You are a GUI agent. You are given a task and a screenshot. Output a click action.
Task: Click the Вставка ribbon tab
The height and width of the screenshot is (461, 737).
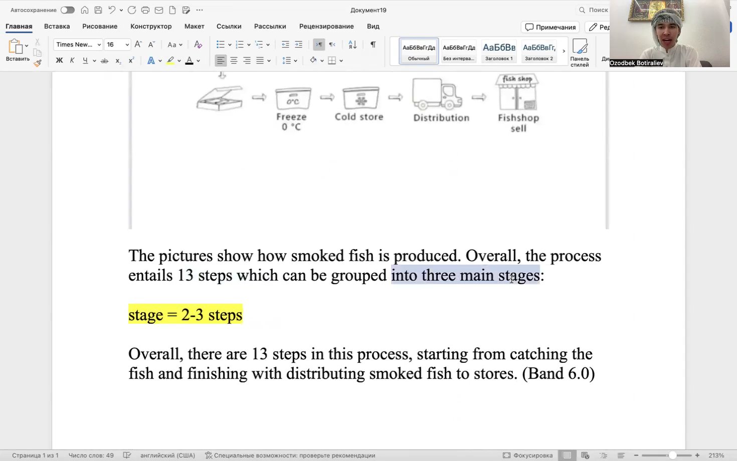pos(57,26)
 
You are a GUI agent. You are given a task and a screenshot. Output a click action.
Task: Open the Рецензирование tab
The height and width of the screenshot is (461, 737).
pos(326,26)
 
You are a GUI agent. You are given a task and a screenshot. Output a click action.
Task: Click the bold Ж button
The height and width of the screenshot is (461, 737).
pos(59,61)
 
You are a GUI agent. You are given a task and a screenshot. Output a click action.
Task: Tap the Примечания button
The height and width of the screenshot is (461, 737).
pos(550,27)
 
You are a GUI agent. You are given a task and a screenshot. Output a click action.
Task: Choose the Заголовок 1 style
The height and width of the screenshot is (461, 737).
pos(499,51)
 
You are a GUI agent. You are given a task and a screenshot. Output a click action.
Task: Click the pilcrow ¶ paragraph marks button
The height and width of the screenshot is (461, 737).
pos(373,45)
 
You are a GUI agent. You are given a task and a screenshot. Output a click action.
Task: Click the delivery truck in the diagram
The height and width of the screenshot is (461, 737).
pos(437,94)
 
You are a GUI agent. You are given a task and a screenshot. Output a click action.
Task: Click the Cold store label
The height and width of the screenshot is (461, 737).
pos(359,117)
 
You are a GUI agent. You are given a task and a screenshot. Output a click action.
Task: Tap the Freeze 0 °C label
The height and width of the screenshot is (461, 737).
pos(291,122)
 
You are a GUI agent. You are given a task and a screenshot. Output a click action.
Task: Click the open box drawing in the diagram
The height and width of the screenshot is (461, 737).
pos(220,98)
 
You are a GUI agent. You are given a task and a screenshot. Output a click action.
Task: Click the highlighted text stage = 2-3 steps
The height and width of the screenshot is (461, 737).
pos(185,315)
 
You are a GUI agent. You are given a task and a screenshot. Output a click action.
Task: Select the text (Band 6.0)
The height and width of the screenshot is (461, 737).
pos(558,373)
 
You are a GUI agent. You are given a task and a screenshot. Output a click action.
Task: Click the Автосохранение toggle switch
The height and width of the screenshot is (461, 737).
pos(67,10)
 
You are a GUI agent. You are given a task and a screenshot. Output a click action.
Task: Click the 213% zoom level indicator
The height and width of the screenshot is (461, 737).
pos(716,455)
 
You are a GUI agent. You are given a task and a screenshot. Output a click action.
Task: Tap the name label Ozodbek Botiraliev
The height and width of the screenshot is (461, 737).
pos(636,63)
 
